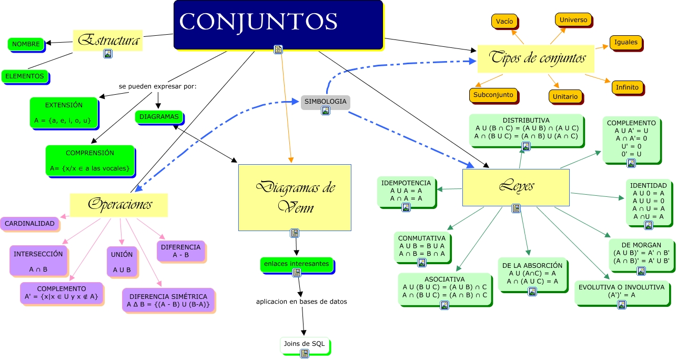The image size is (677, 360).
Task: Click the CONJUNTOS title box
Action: coord(278,24)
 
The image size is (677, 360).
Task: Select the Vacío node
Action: coord(504,22)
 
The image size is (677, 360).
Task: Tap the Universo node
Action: coord(573,20)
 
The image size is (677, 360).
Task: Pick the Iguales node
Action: coord(625,42)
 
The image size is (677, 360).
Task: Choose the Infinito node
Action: coord(627,87)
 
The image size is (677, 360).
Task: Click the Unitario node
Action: coord(565,96)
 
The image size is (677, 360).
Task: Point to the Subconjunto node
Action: coord(492,95)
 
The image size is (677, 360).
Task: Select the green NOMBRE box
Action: coord(25,44)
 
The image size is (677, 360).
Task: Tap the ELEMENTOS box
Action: coord(24,76)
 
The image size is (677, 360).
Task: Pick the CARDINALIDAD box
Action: coord(29,224)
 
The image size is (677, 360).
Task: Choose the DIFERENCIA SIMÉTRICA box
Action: coord(168,300)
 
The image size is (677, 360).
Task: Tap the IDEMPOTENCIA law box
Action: coord(406,191)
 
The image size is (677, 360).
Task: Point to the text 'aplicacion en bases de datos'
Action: coord(301,302)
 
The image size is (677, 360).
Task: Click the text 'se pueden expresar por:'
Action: coord(157,86)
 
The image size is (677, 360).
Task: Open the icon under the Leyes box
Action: coord(516,208)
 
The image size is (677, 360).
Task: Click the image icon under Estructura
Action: coord(107,53)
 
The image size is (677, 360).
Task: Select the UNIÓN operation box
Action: coord(122,262)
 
